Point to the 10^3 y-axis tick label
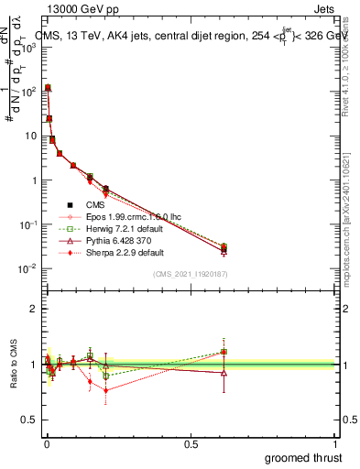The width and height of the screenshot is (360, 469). [28, 47]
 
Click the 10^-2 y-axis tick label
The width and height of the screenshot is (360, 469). [28, 268]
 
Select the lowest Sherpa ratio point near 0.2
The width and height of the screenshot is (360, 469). [106, 390]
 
